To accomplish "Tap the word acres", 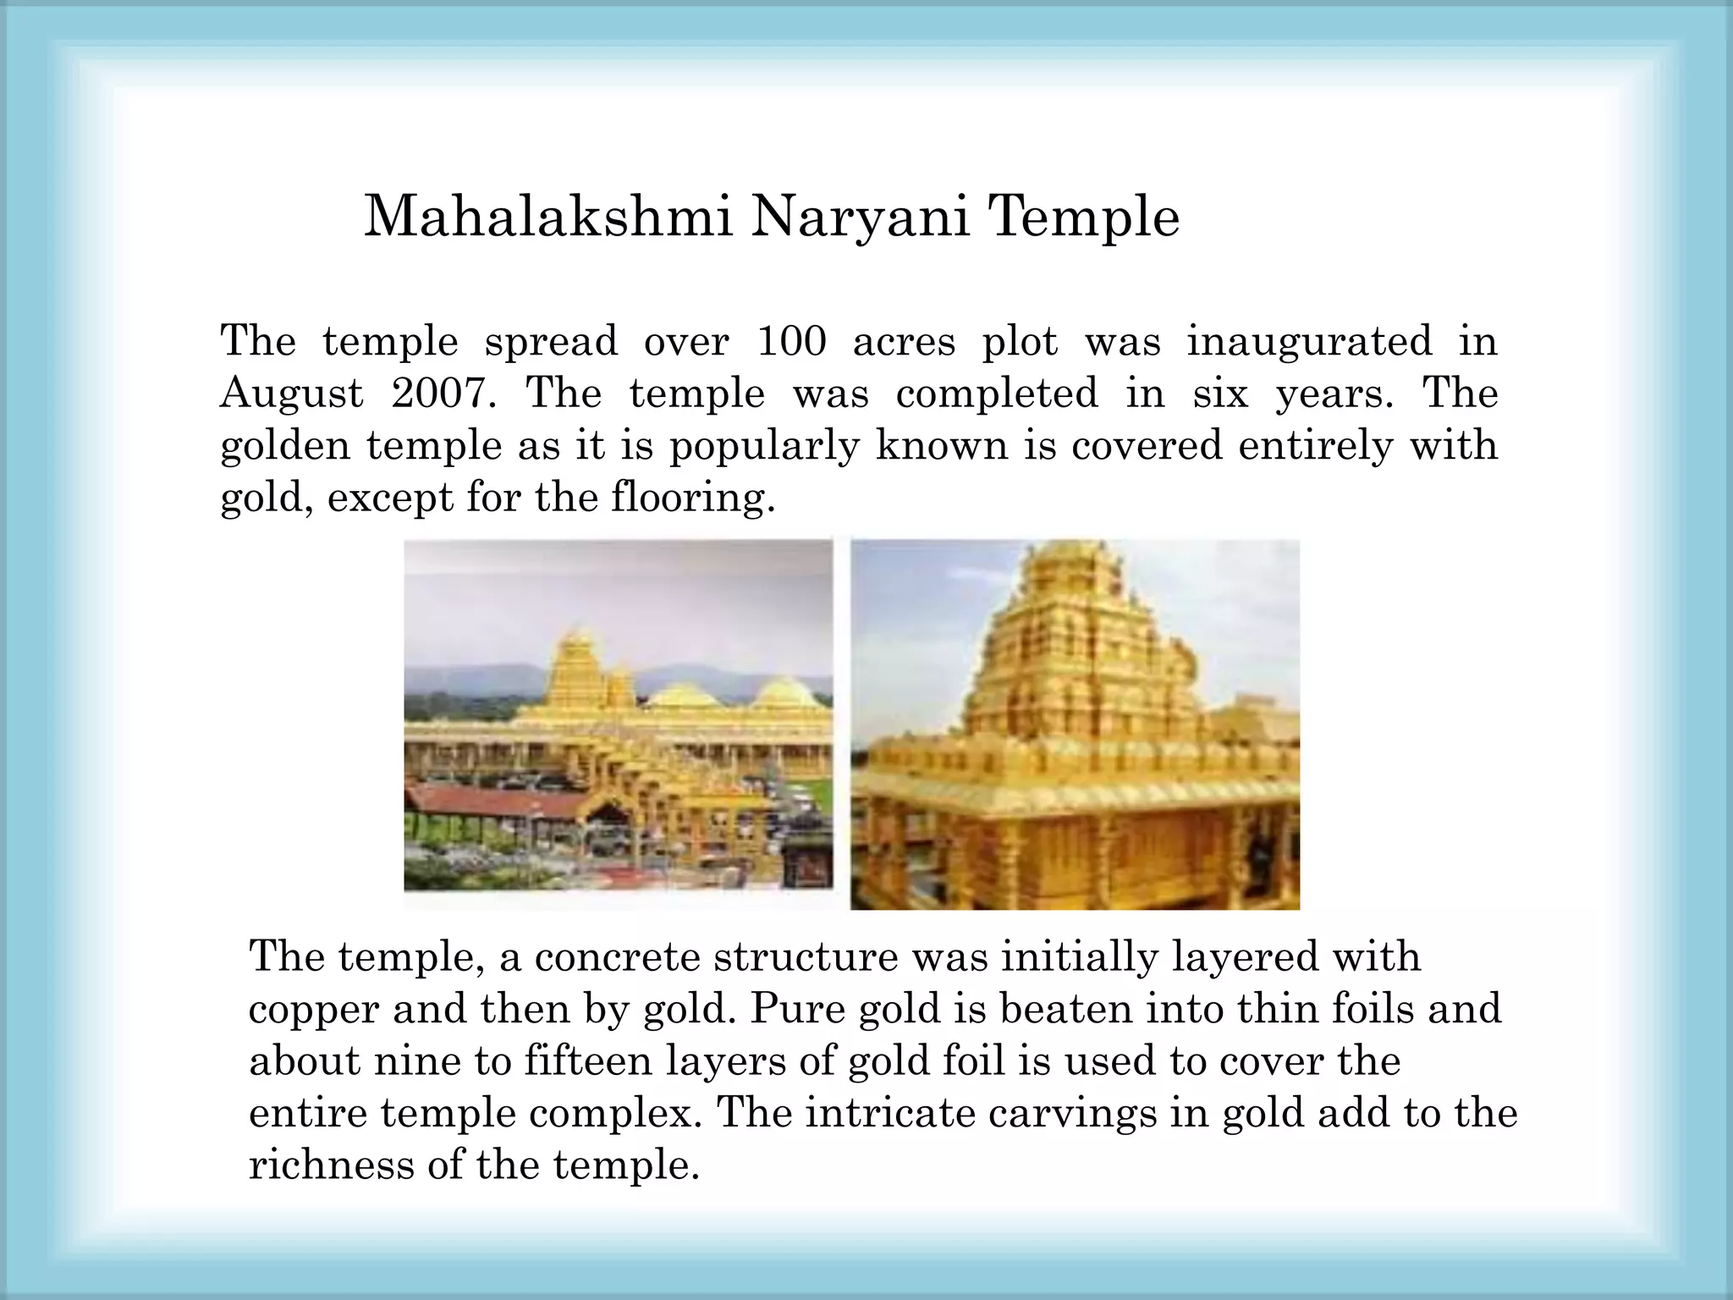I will [904, 341].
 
